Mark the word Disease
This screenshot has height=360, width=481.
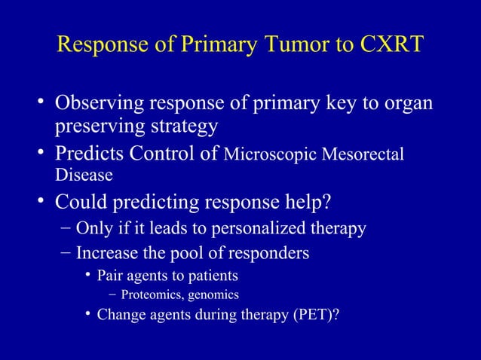83,177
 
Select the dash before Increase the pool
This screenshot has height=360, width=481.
66,252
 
